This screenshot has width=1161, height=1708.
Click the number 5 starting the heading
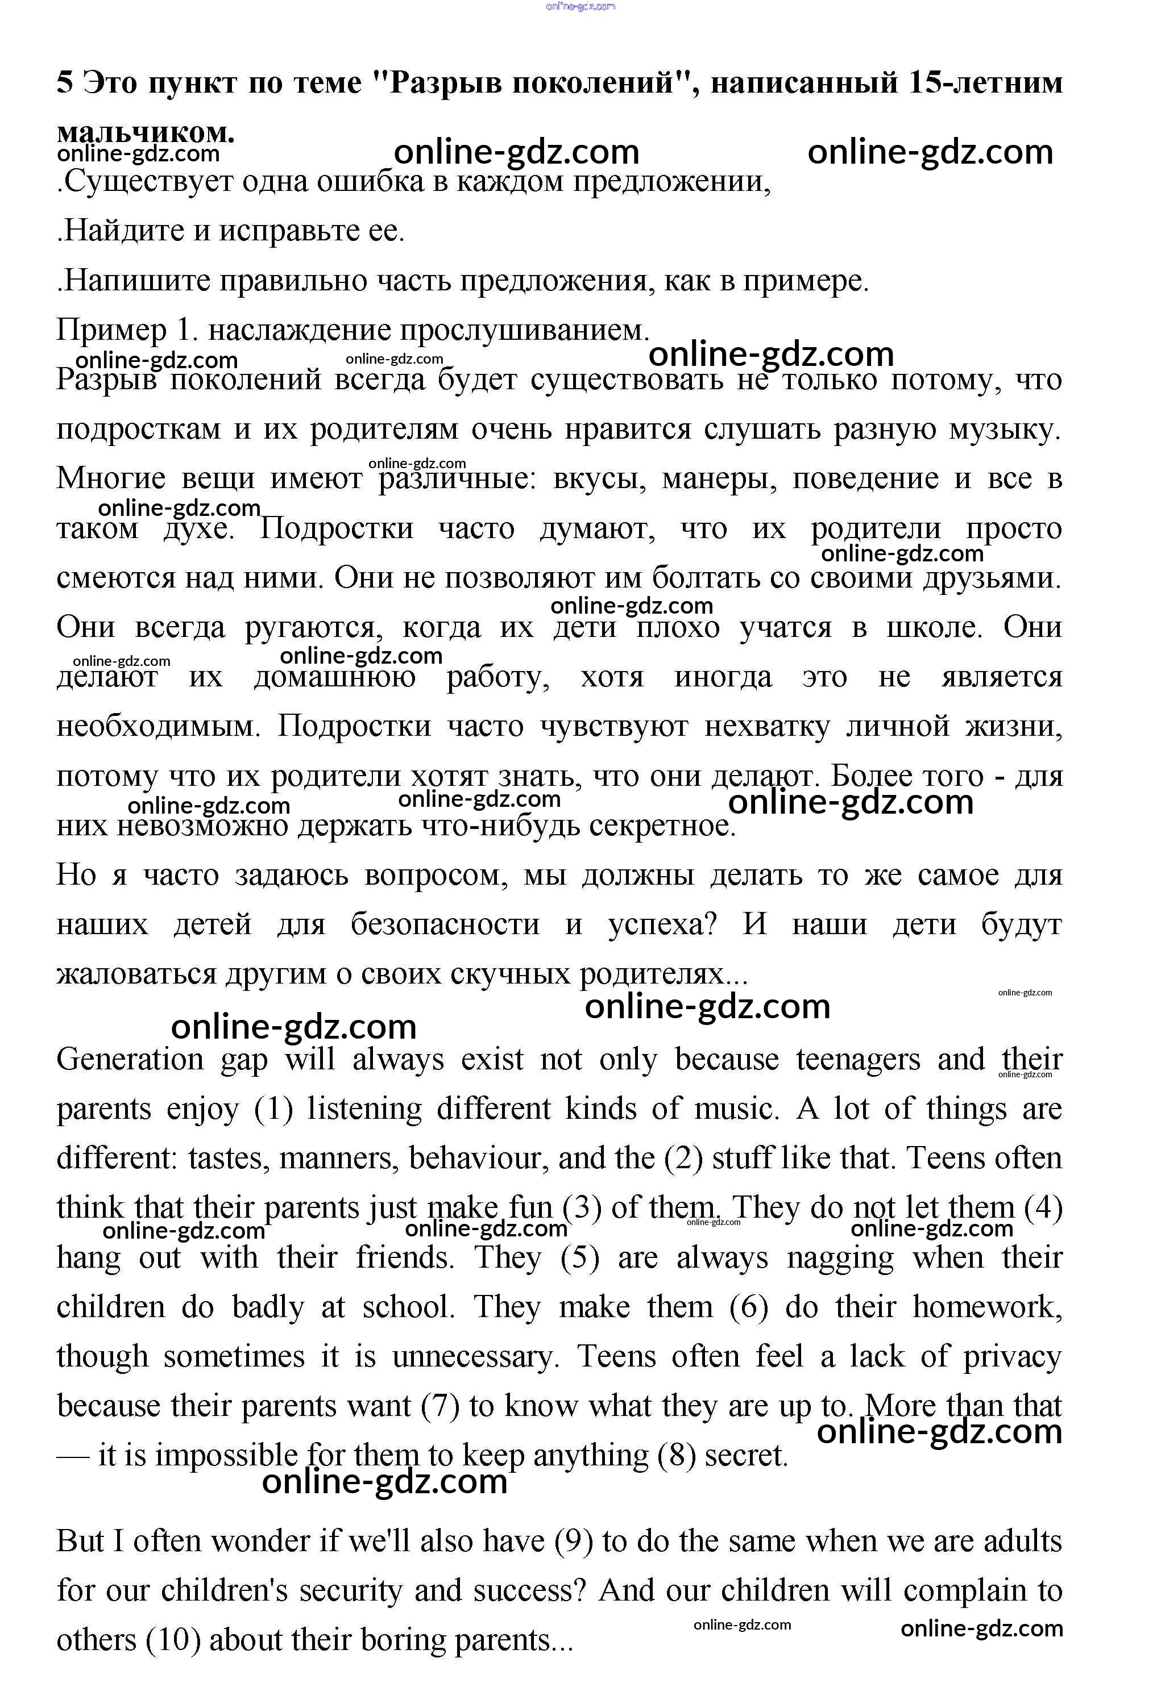coord(65,82)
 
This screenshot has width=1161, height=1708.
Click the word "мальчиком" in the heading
coord(146,132)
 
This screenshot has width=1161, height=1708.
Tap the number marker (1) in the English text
coord(273,1109)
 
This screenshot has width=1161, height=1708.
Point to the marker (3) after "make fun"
coord(582,1207)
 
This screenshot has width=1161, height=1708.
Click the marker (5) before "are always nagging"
coord(580,1257)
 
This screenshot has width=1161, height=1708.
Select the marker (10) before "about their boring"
coord(173,1640)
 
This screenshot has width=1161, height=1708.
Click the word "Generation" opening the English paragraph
coord(130,1060)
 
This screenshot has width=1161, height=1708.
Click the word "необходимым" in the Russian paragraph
coord(159,726)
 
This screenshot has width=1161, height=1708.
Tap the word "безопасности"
coord(445,924)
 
